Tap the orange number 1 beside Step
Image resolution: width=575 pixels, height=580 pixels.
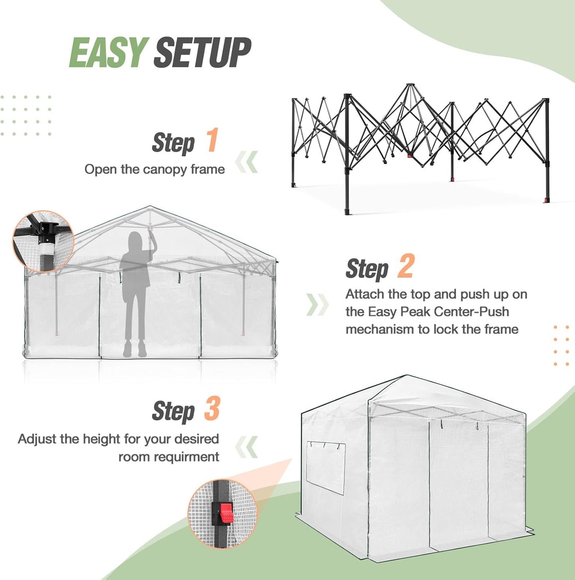pos(212,140)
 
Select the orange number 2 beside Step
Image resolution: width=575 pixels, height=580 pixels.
pos(406,266)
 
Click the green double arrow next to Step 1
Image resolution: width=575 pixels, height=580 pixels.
pos(247,162)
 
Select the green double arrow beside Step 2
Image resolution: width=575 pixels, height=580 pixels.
pos(317,305)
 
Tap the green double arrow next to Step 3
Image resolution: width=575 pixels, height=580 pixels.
pos(247,447)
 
